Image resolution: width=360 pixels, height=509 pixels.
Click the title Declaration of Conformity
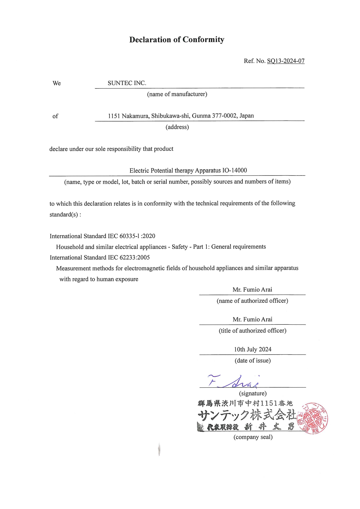point(177,39)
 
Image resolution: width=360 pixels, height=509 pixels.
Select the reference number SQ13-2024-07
point(286,61)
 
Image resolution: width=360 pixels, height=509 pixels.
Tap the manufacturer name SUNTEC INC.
point(127,83)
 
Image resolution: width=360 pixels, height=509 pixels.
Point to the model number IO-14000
point(235,170)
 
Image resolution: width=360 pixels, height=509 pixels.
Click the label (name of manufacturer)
point(177,94)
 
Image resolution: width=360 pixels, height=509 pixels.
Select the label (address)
point(177,127)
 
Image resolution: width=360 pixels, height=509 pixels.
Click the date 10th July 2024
point(253,349)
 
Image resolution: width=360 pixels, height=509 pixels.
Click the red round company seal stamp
point(314,418)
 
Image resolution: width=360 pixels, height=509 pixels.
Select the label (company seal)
point(253,437)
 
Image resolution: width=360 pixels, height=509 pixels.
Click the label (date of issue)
point(253,360)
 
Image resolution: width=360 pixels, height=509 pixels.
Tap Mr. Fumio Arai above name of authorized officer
point(252,289)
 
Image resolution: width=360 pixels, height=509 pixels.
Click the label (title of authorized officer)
point(253,331)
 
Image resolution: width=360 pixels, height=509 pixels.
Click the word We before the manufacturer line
point(57,83)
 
